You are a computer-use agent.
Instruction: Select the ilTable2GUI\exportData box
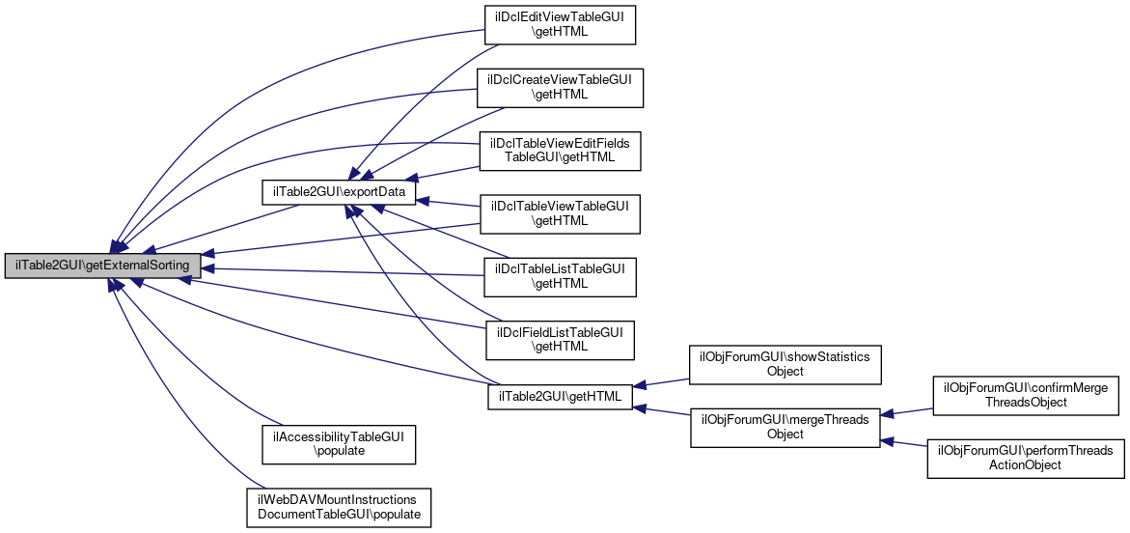coord(339,194)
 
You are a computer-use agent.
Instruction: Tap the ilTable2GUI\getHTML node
coord(560,396)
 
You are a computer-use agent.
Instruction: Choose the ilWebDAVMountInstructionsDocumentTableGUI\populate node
coord(339,507)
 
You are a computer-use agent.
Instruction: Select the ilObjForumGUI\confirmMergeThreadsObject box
coord(1025,395)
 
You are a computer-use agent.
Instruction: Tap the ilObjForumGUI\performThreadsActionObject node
coord(1025,458)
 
